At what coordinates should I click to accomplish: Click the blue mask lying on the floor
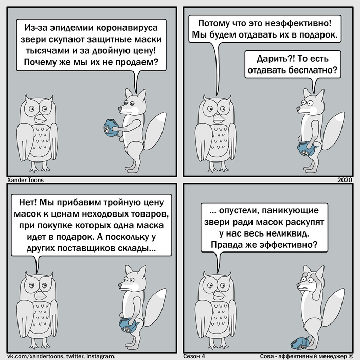tap(300, 344)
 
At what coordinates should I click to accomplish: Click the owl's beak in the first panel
tap(41, 119)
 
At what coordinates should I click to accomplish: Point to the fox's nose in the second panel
tap(298, 109)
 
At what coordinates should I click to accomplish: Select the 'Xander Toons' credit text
tap(25, 180)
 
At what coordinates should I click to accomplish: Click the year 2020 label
tap(345, 180)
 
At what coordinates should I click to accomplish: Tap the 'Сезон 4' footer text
tap(194, 356)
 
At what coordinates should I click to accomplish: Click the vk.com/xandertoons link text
tap(35, 356)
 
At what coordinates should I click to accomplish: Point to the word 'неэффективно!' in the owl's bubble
tap(298, 23)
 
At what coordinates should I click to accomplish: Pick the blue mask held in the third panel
tap(128, 326)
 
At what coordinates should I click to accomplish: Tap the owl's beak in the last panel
tap(219, 295)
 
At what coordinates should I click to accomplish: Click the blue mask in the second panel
tap(306, 149)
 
